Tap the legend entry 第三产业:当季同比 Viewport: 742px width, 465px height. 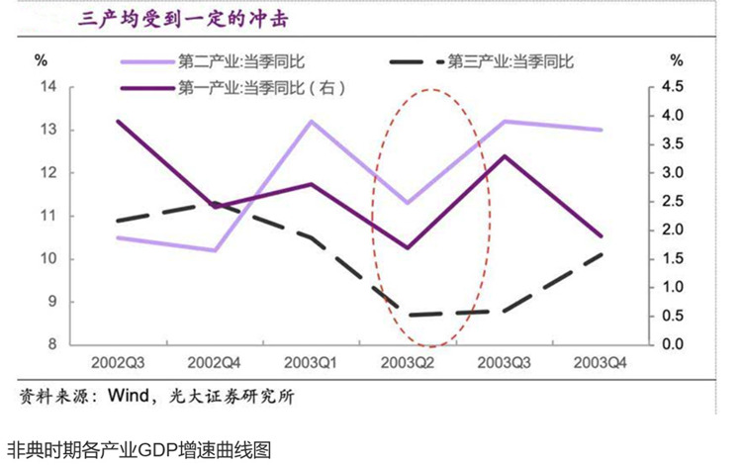tap(510, 61)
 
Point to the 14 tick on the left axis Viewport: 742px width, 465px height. tap(48, 87)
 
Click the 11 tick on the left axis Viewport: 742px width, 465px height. tap(48, 216)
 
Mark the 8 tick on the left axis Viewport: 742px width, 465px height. tap(50, 344)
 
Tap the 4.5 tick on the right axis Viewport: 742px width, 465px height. tap(673, 87)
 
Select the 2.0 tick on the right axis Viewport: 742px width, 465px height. tap(673, 230)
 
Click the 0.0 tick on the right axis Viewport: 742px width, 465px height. tap(673, 344)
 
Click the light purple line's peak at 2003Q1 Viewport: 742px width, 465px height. tap(312, 122)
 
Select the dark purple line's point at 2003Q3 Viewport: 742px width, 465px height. tap(506, 156)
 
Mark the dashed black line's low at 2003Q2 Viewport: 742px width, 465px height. tap(409, 316)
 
